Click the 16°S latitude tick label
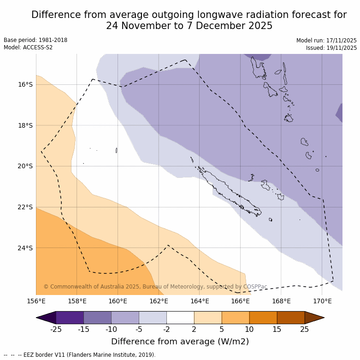(25, 84)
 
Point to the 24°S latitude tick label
(25, 248)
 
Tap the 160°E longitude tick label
(118, 301)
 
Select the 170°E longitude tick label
(322, 301)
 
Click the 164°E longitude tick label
(200, 301)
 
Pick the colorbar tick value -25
(56, 329)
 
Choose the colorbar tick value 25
(305, 329)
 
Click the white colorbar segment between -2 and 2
(180, 318)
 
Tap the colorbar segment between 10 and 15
(263, 318)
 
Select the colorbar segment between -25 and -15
(70, 318)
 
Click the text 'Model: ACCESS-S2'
(28, 47)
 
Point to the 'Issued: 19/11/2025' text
(331, 48)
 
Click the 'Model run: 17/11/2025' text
(326, 41)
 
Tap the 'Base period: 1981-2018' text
(35, 40)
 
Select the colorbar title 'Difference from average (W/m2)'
(180, 342)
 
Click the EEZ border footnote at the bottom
(80, 355)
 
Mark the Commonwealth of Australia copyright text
(155, 287)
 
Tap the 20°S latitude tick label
(25, 166)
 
